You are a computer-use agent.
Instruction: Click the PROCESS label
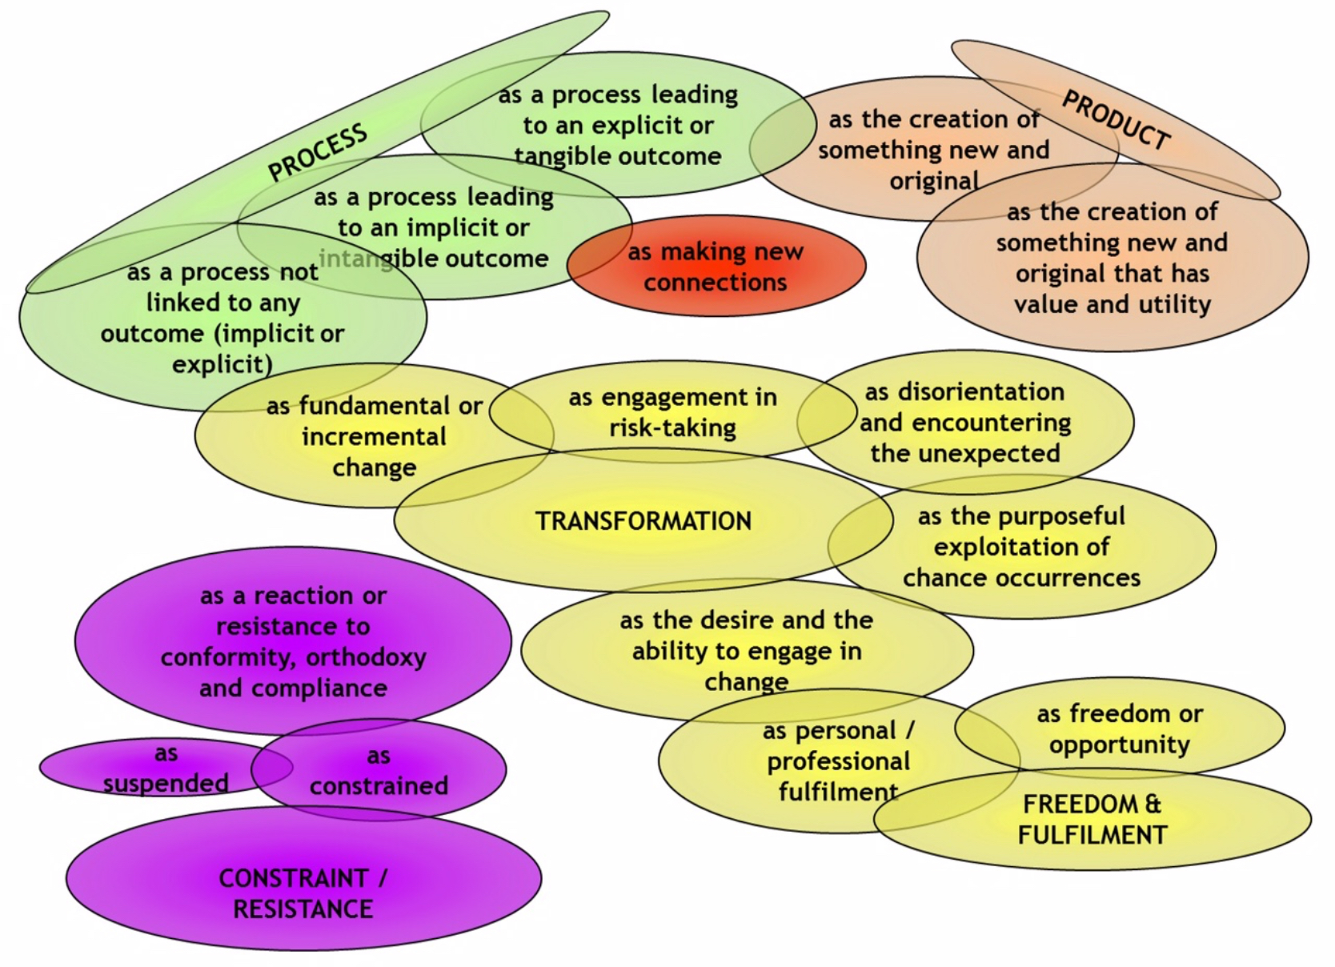(317, 151)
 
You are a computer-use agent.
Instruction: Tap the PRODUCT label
(1116, 121)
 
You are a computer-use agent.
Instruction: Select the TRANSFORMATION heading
(643, 521)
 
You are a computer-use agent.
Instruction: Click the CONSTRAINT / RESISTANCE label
(303, 893)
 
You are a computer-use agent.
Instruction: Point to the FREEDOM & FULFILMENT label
(1092, 820)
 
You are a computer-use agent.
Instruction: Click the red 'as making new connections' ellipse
(716, 267)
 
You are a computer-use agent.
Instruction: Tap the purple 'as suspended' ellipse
(166, 768)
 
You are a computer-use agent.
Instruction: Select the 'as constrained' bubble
(379, 771)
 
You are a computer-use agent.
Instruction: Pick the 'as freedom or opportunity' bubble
(1120, 728)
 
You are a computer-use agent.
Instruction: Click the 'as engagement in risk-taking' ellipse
(672, 412)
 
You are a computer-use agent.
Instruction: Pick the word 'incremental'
(374, 437)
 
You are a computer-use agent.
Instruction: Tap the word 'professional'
(838, 761)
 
